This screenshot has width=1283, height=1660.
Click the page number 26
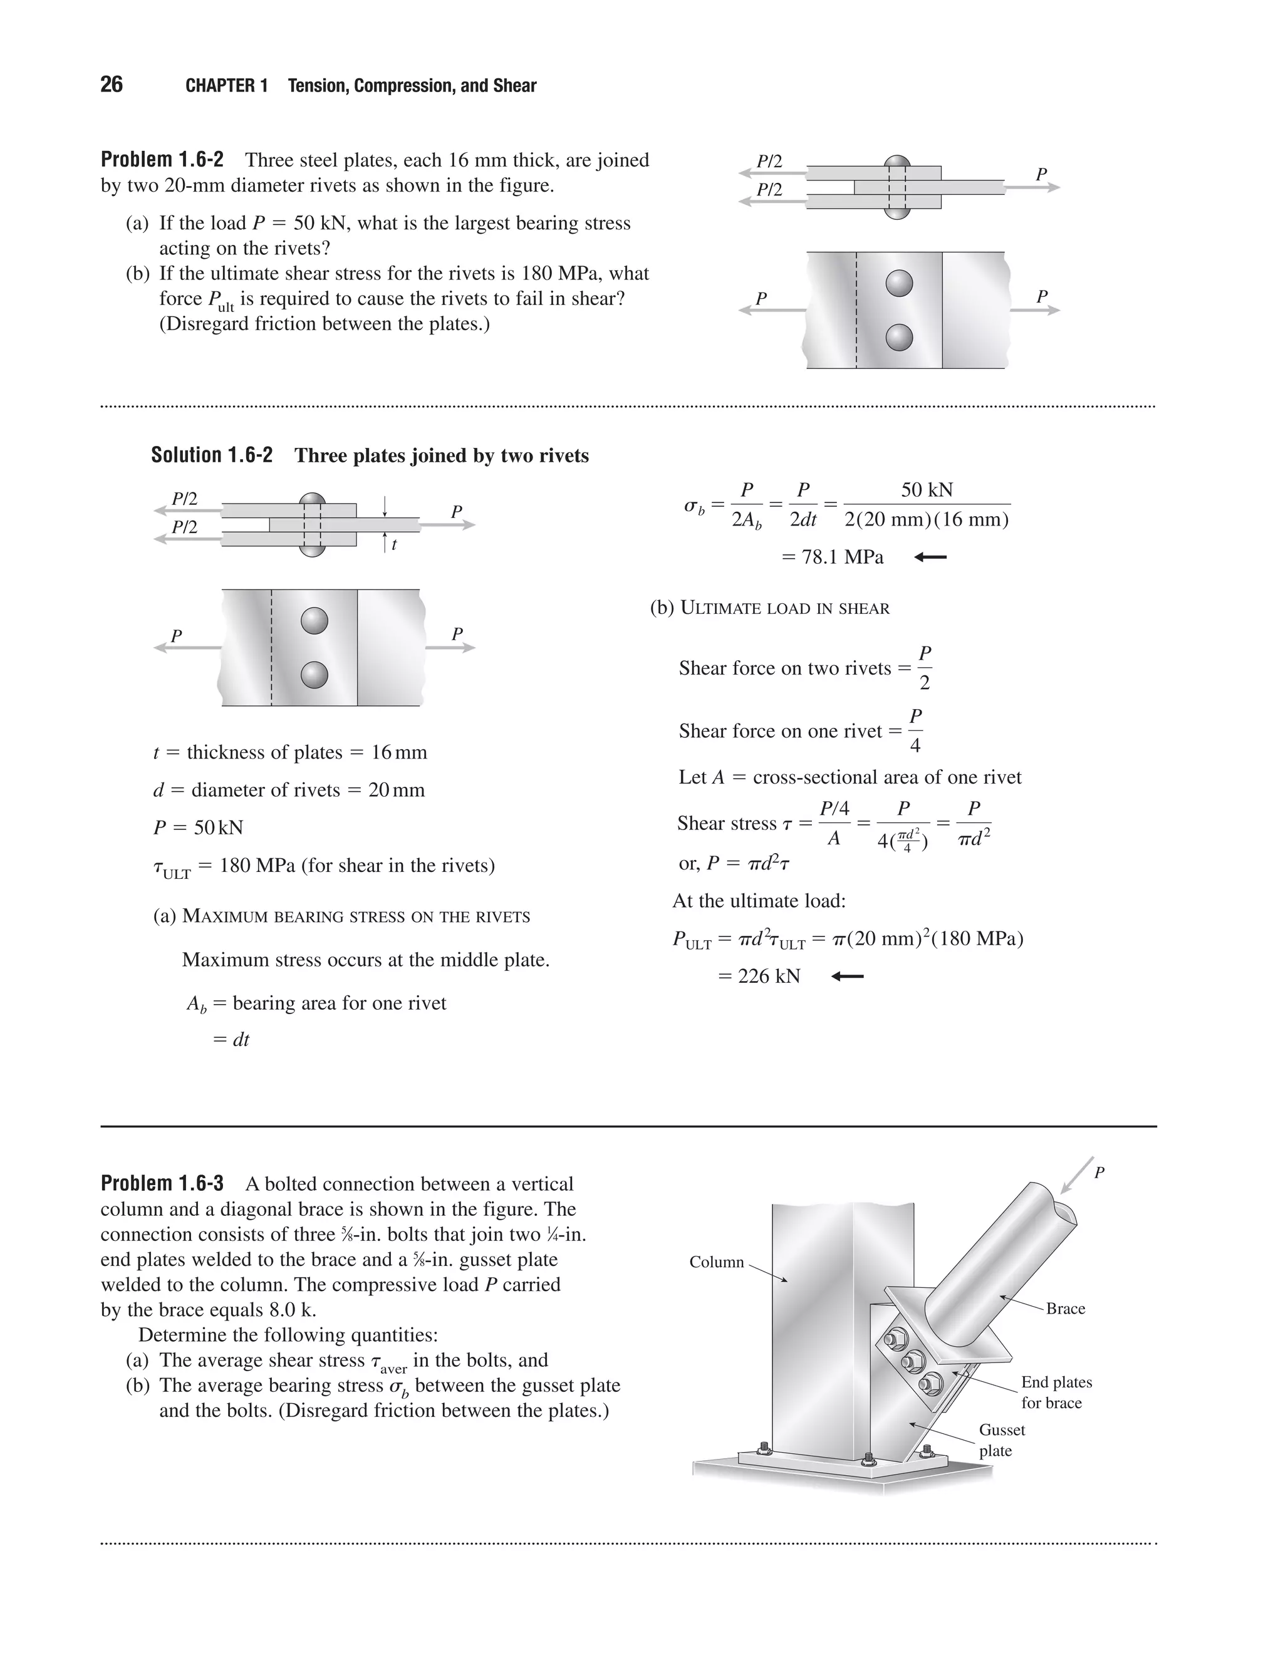[111, 85]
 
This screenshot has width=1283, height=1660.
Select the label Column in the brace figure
[716, 1262]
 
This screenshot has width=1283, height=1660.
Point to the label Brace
[1065, 1308]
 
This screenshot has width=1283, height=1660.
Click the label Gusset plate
[1001, 1440]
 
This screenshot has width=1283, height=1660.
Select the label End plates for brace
[1056, 1392]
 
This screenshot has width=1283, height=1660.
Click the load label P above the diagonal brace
[1099, 1173]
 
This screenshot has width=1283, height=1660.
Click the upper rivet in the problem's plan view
[899, 284]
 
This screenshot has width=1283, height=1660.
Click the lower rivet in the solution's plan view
[314, 674]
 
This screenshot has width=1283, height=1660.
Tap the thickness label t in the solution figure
[393, 545]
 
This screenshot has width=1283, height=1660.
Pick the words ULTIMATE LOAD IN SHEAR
[784, 608]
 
